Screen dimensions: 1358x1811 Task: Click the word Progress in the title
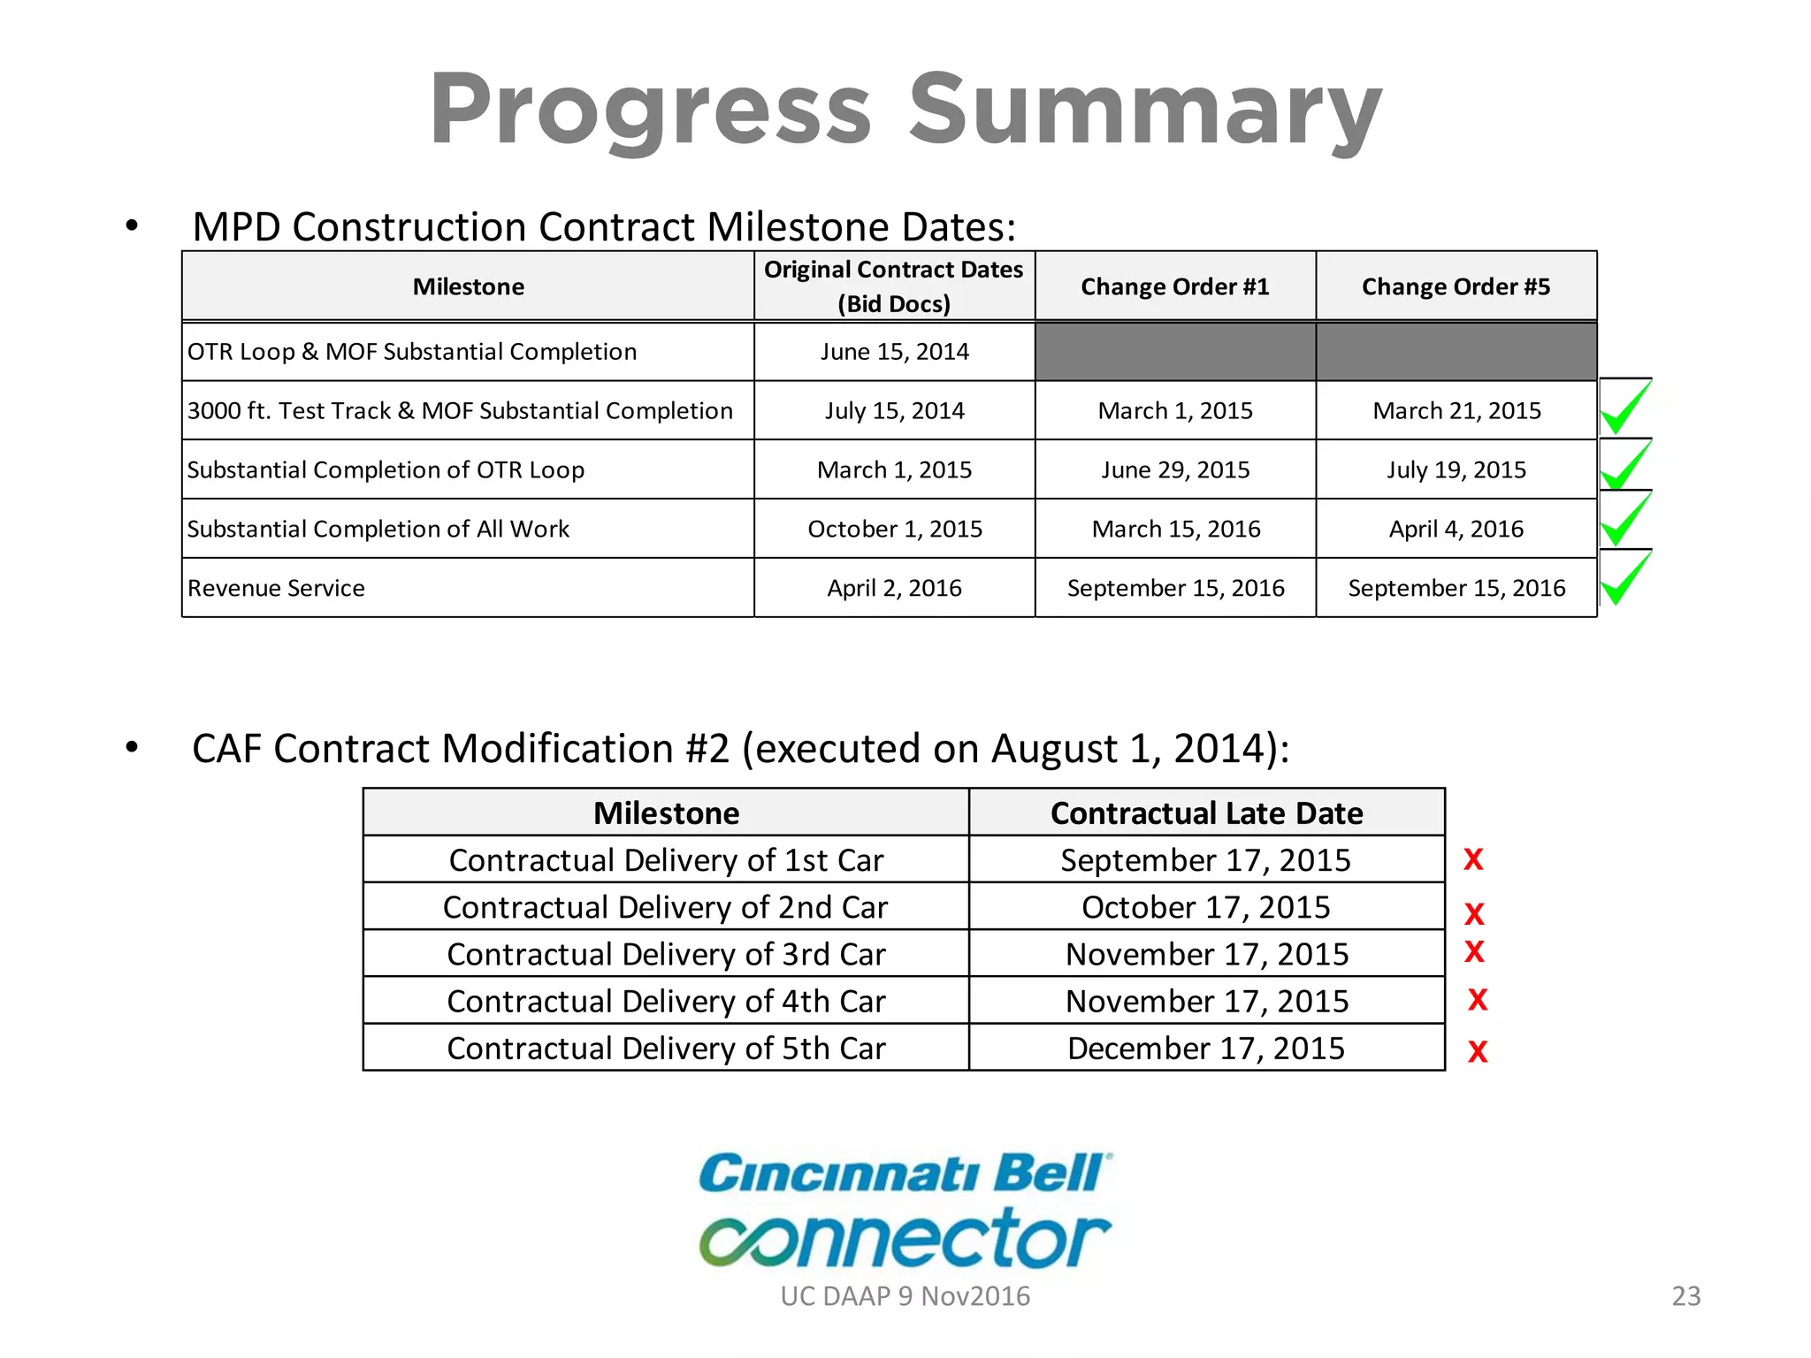point(651,110)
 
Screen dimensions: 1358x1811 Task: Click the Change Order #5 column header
point(1456,286)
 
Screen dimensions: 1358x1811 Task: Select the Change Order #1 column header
point(1174,286)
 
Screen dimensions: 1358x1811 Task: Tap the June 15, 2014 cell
point(894,352)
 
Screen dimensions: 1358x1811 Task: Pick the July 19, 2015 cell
point(1456,469)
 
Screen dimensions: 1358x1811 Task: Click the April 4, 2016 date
point(1456,529)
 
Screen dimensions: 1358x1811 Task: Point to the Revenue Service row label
point(276,588)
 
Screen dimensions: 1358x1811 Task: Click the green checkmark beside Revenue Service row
point(1624,579)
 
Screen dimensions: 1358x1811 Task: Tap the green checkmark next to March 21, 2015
point(1624,408)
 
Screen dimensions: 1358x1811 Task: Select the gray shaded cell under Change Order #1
point(1174,352)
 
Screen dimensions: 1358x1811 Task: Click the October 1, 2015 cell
point(894,529)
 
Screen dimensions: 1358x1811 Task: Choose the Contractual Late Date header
point(1206,813)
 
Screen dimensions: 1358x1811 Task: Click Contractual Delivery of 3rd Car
point(666,954)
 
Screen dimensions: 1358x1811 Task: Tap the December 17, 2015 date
point(1206,1048)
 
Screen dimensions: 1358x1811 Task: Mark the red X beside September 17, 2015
point(1473,859)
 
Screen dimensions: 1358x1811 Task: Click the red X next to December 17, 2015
point(1478,1051)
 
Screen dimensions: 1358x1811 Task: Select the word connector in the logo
point(904,1238)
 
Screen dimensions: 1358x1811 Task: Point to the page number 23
point(1685,1296)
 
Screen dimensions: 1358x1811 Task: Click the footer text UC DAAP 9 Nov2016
point(905,1296)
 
